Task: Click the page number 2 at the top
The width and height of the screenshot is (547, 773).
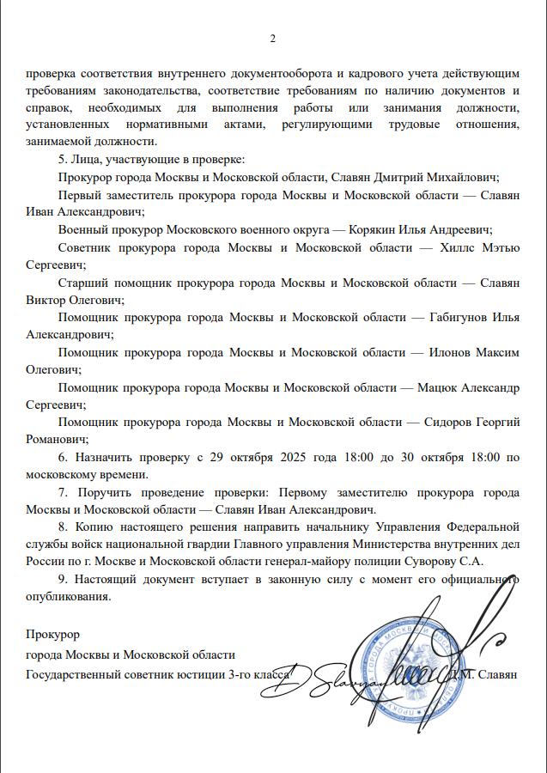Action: tap(273, 39)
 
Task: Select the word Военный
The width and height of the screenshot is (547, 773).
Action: tap(82, 230)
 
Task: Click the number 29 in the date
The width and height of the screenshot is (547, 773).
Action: tap(219, 457)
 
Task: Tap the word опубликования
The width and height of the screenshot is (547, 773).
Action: tap(68, 597)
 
